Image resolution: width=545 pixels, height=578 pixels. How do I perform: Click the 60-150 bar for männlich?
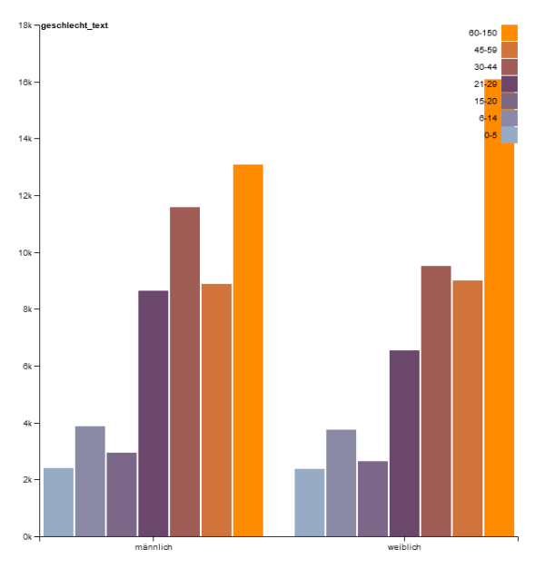coord(248,350)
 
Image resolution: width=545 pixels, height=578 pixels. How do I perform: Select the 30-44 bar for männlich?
coord(184,371)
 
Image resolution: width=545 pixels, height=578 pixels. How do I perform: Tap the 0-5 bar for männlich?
coord(59,502)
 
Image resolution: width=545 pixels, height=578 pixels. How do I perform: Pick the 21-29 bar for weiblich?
coord(404,443)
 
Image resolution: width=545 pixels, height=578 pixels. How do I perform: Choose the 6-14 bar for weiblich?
coord(342,483)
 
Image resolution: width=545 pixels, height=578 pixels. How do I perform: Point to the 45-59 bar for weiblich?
coord(467,408)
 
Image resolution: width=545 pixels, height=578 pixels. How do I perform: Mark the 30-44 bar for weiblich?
coord(436,401)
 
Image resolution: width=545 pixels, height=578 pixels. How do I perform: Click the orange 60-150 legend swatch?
coord(509,33)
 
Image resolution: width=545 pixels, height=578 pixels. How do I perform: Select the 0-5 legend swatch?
coord(509,135)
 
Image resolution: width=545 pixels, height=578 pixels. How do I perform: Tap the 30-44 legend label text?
coord(485,67)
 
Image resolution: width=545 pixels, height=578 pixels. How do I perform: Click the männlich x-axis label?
coord(154,547)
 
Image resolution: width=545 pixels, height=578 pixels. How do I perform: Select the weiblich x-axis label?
coord(404,547)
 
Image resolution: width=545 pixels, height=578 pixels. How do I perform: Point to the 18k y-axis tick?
coord(25,25)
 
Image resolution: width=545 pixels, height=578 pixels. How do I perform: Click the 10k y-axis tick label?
coord(25,252)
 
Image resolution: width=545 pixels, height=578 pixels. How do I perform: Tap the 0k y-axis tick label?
coord(27,537)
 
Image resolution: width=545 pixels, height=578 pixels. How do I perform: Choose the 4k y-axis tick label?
coord(27,423)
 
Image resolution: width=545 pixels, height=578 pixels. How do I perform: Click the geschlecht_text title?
coord(74,25)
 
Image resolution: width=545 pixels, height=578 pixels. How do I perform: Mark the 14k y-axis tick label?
coord(25,139)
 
